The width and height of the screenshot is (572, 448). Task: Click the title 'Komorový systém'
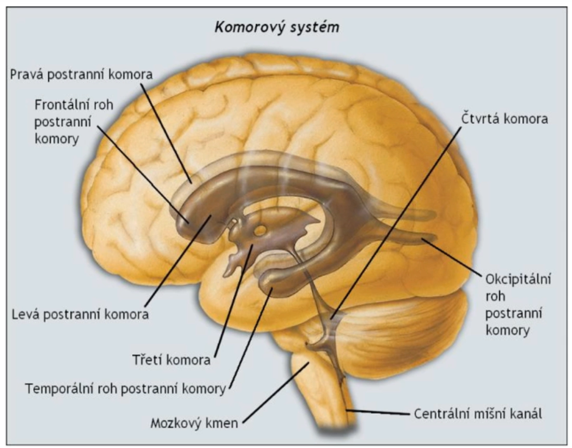pyautogui.click(x=277, y=27)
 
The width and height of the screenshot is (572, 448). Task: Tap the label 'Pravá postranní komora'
pyautogui.click(x=81, y=74)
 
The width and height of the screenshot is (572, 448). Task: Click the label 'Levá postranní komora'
pyautogui.click(x=78, y=313)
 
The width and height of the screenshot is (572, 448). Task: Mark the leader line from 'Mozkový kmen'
pyautogui.click(x=275, y=394)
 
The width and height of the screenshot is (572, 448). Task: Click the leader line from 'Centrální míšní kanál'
pyautogui.click(x=378, y=413)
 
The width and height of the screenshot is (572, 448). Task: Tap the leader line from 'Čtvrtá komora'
pyautogui.click(x=394, y=223)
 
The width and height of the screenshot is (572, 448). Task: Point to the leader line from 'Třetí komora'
pyautogui.click(x=233, y=300)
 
